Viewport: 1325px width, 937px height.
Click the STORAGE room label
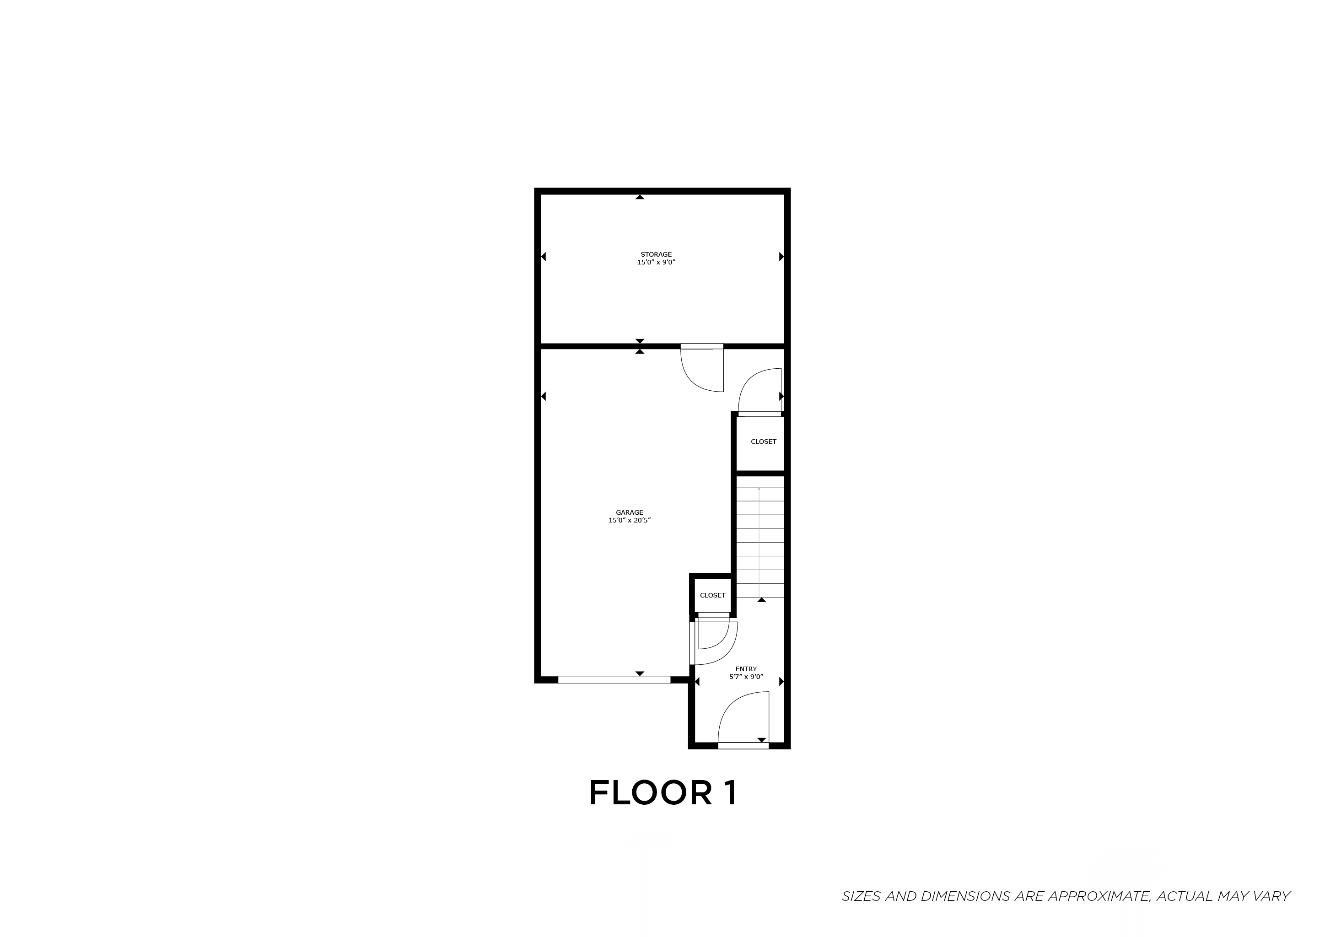coord(656,254)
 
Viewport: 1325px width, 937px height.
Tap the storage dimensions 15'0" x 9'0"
coord(656,263)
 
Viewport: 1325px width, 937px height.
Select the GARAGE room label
coord(629,512)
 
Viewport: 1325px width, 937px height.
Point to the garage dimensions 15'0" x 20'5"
coord(629,520)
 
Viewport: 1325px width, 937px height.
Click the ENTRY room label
coord(746,669)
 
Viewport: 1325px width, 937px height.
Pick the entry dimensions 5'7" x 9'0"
coord(746,677)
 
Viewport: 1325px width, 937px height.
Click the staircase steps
coord(759,542)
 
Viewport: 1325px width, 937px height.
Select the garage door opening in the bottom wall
coord(614,680)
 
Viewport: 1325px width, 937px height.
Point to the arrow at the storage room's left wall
coord(544,257)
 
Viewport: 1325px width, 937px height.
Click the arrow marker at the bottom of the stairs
coord(761,600)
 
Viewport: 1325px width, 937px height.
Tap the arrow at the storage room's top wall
coord(640,197)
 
